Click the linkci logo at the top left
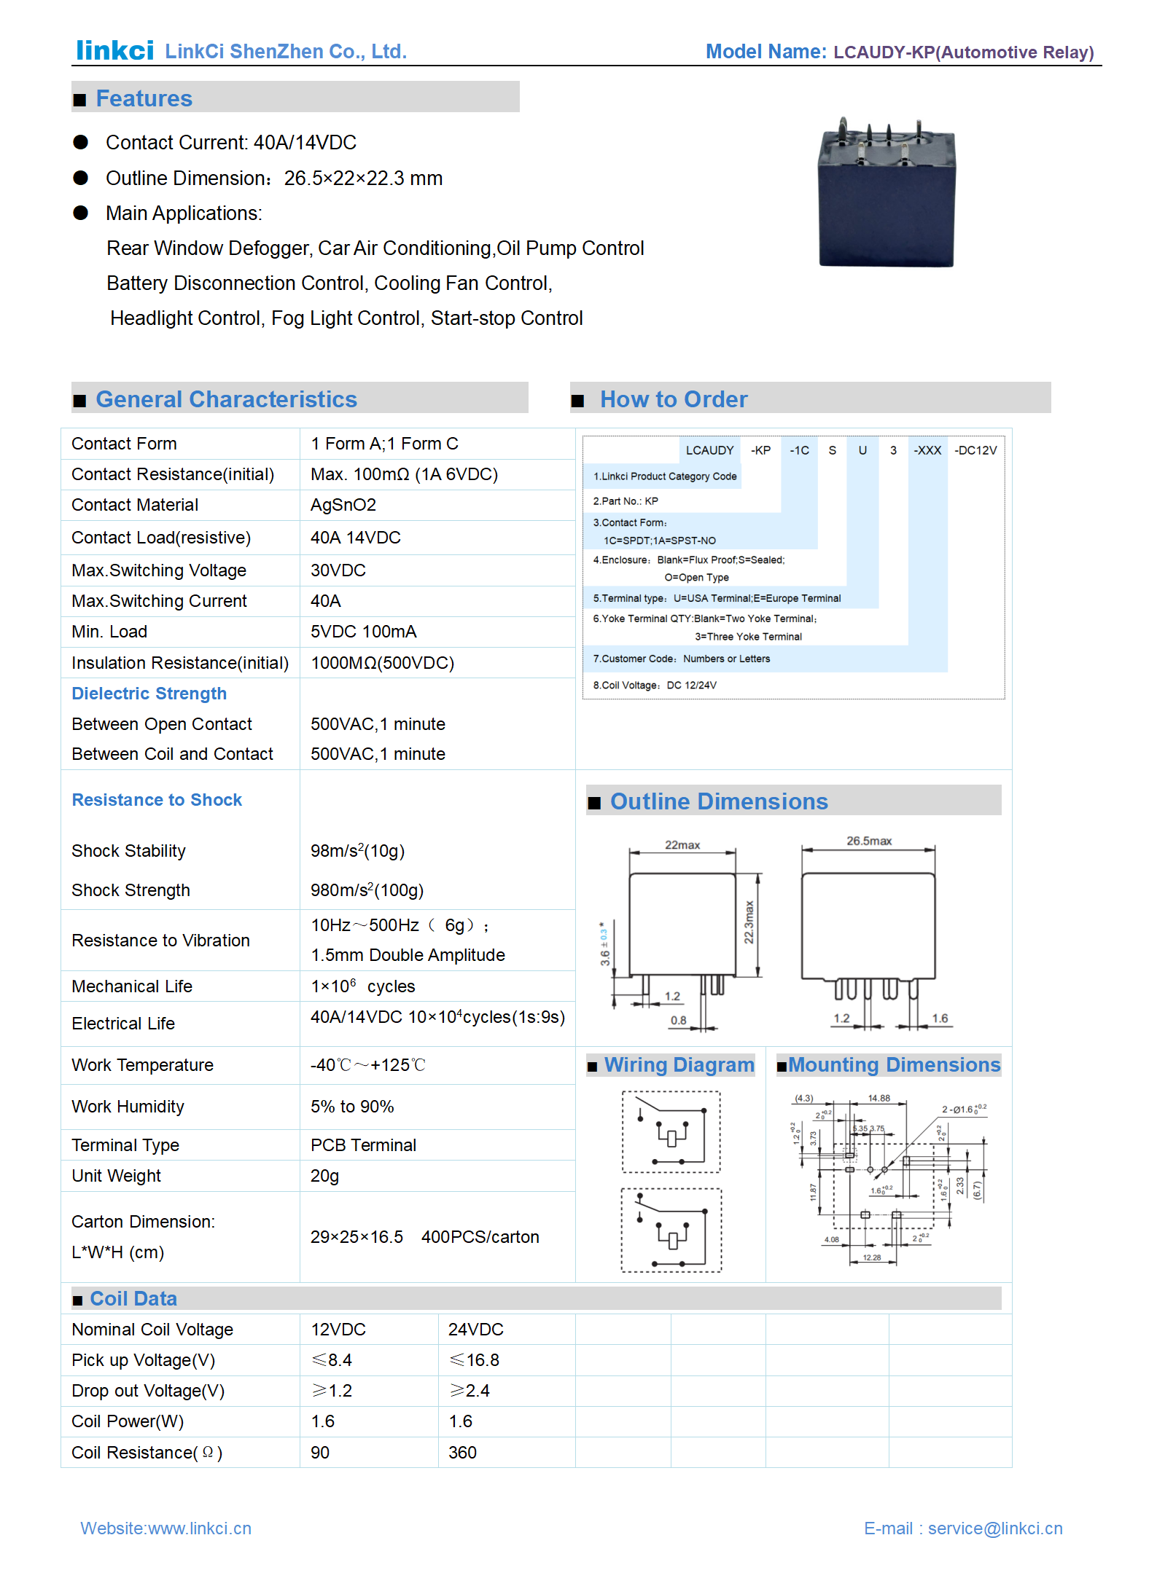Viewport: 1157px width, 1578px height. (x=114, y=50)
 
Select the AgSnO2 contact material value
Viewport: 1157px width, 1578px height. (x=343, y=505)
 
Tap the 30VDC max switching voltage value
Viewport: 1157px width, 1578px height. (x=338, y=570)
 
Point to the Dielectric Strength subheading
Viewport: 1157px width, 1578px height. (x=149, y=694)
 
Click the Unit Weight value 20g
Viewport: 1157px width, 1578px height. (x=324, y=1176)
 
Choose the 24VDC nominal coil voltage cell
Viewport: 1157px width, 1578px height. (x=475, y=1330)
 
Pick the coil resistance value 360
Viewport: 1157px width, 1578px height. (x=462, y=1453)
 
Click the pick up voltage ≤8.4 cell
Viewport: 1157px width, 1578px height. (x=332, y=1360)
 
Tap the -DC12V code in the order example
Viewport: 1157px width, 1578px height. (x=975, y=450)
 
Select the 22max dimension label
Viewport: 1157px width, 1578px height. (x=682, y=845)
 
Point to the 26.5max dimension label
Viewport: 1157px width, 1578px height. (x=869, y=841)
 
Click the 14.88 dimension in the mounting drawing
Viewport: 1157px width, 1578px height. (x=879, y=1098)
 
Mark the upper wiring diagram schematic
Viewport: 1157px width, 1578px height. (x=671, y=1131)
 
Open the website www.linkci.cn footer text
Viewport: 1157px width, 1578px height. (x=165, y=1528)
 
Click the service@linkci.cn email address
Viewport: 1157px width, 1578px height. (x=995, y=1528)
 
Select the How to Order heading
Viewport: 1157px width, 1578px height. (x=674, y=399)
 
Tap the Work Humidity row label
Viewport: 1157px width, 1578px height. (x=128, y=1107)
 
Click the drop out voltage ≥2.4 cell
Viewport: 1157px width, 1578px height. (x=470, y=1391)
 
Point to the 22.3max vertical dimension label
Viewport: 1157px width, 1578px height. (x=749, y=922)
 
